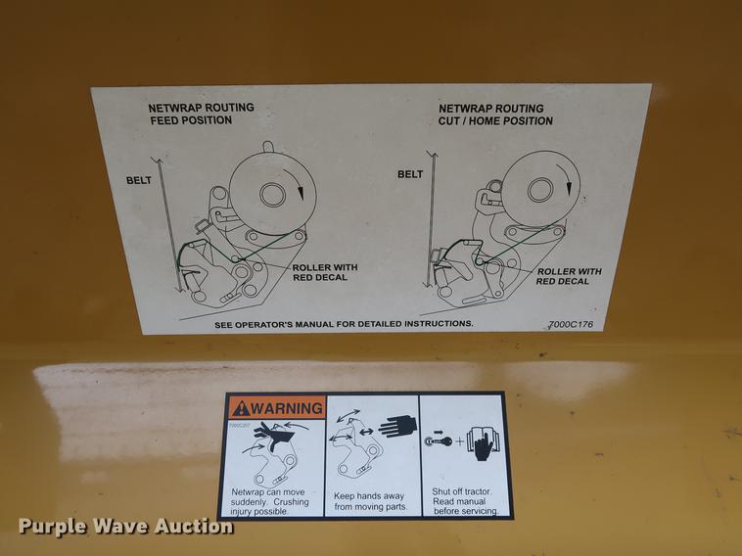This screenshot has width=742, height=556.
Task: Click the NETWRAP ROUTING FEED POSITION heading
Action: [201, 114]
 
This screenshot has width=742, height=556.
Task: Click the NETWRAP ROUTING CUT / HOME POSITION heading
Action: [494, 115]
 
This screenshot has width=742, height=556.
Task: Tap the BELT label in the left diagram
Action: [137, 180]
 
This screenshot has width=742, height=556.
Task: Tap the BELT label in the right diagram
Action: [410, 174]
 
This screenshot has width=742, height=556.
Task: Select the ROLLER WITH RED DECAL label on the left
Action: [325, 272]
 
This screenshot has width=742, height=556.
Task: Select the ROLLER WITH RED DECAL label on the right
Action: [568, 276]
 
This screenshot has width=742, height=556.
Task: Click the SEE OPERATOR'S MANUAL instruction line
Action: [344, 323]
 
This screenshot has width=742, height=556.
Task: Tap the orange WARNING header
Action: [274, 407]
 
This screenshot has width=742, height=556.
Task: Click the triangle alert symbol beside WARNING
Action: [240, 407]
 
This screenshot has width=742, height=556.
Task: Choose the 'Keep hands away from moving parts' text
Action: [371, 501]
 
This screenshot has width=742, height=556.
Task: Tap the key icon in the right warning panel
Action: [437, 441]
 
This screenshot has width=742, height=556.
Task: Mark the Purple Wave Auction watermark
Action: [125, 526]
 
